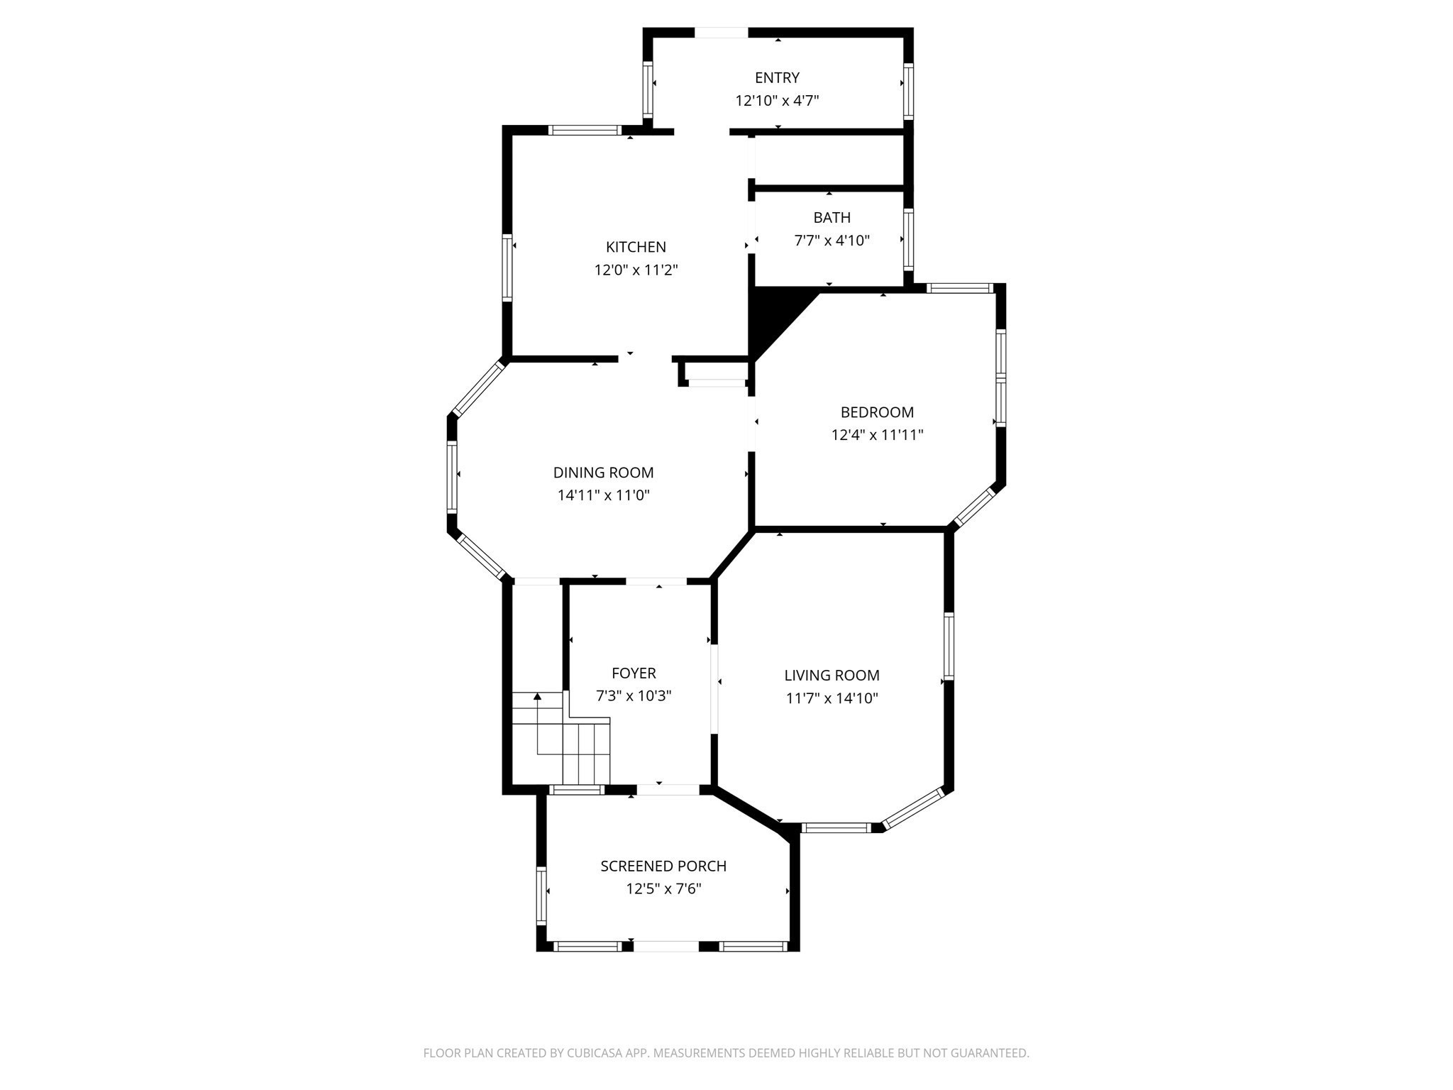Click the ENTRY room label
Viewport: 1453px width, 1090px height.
point(777,78)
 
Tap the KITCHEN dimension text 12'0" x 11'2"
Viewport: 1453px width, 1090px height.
point(636,270)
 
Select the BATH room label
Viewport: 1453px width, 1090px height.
point(832,218)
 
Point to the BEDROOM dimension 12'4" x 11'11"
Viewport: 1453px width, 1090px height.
point(877,435)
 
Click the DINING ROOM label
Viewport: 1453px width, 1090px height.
point(603,473)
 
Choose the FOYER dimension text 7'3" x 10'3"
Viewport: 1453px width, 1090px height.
point(634,696)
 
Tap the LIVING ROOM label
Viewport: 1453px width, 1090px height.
point(832,676)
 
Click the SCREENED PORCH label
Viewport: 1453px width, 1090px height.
point(663,866)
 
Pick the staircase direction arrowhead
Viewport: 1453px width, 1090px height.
point(537,697)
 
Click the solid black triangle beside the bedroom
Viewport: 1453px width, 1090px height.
point(773,315)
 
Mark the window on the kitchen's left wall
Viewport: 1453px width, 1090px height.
point(507,267)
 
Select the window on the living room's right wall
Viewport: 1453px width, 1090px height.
point(949,646)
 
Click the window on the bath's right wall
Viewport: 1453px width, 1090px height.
point(908,239)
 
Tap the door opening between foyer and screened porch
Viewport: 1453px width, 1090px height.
point(668,790)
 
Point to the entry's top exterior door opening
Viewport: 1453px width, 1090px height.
point(721,33)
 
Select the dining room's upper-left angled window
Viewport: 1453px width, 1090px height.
point(478,389)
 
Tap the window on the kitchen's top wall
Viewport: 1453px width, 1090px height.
point(585,131)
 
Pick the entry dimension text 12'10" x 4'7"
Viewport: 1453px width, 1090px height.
point(777,101)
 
